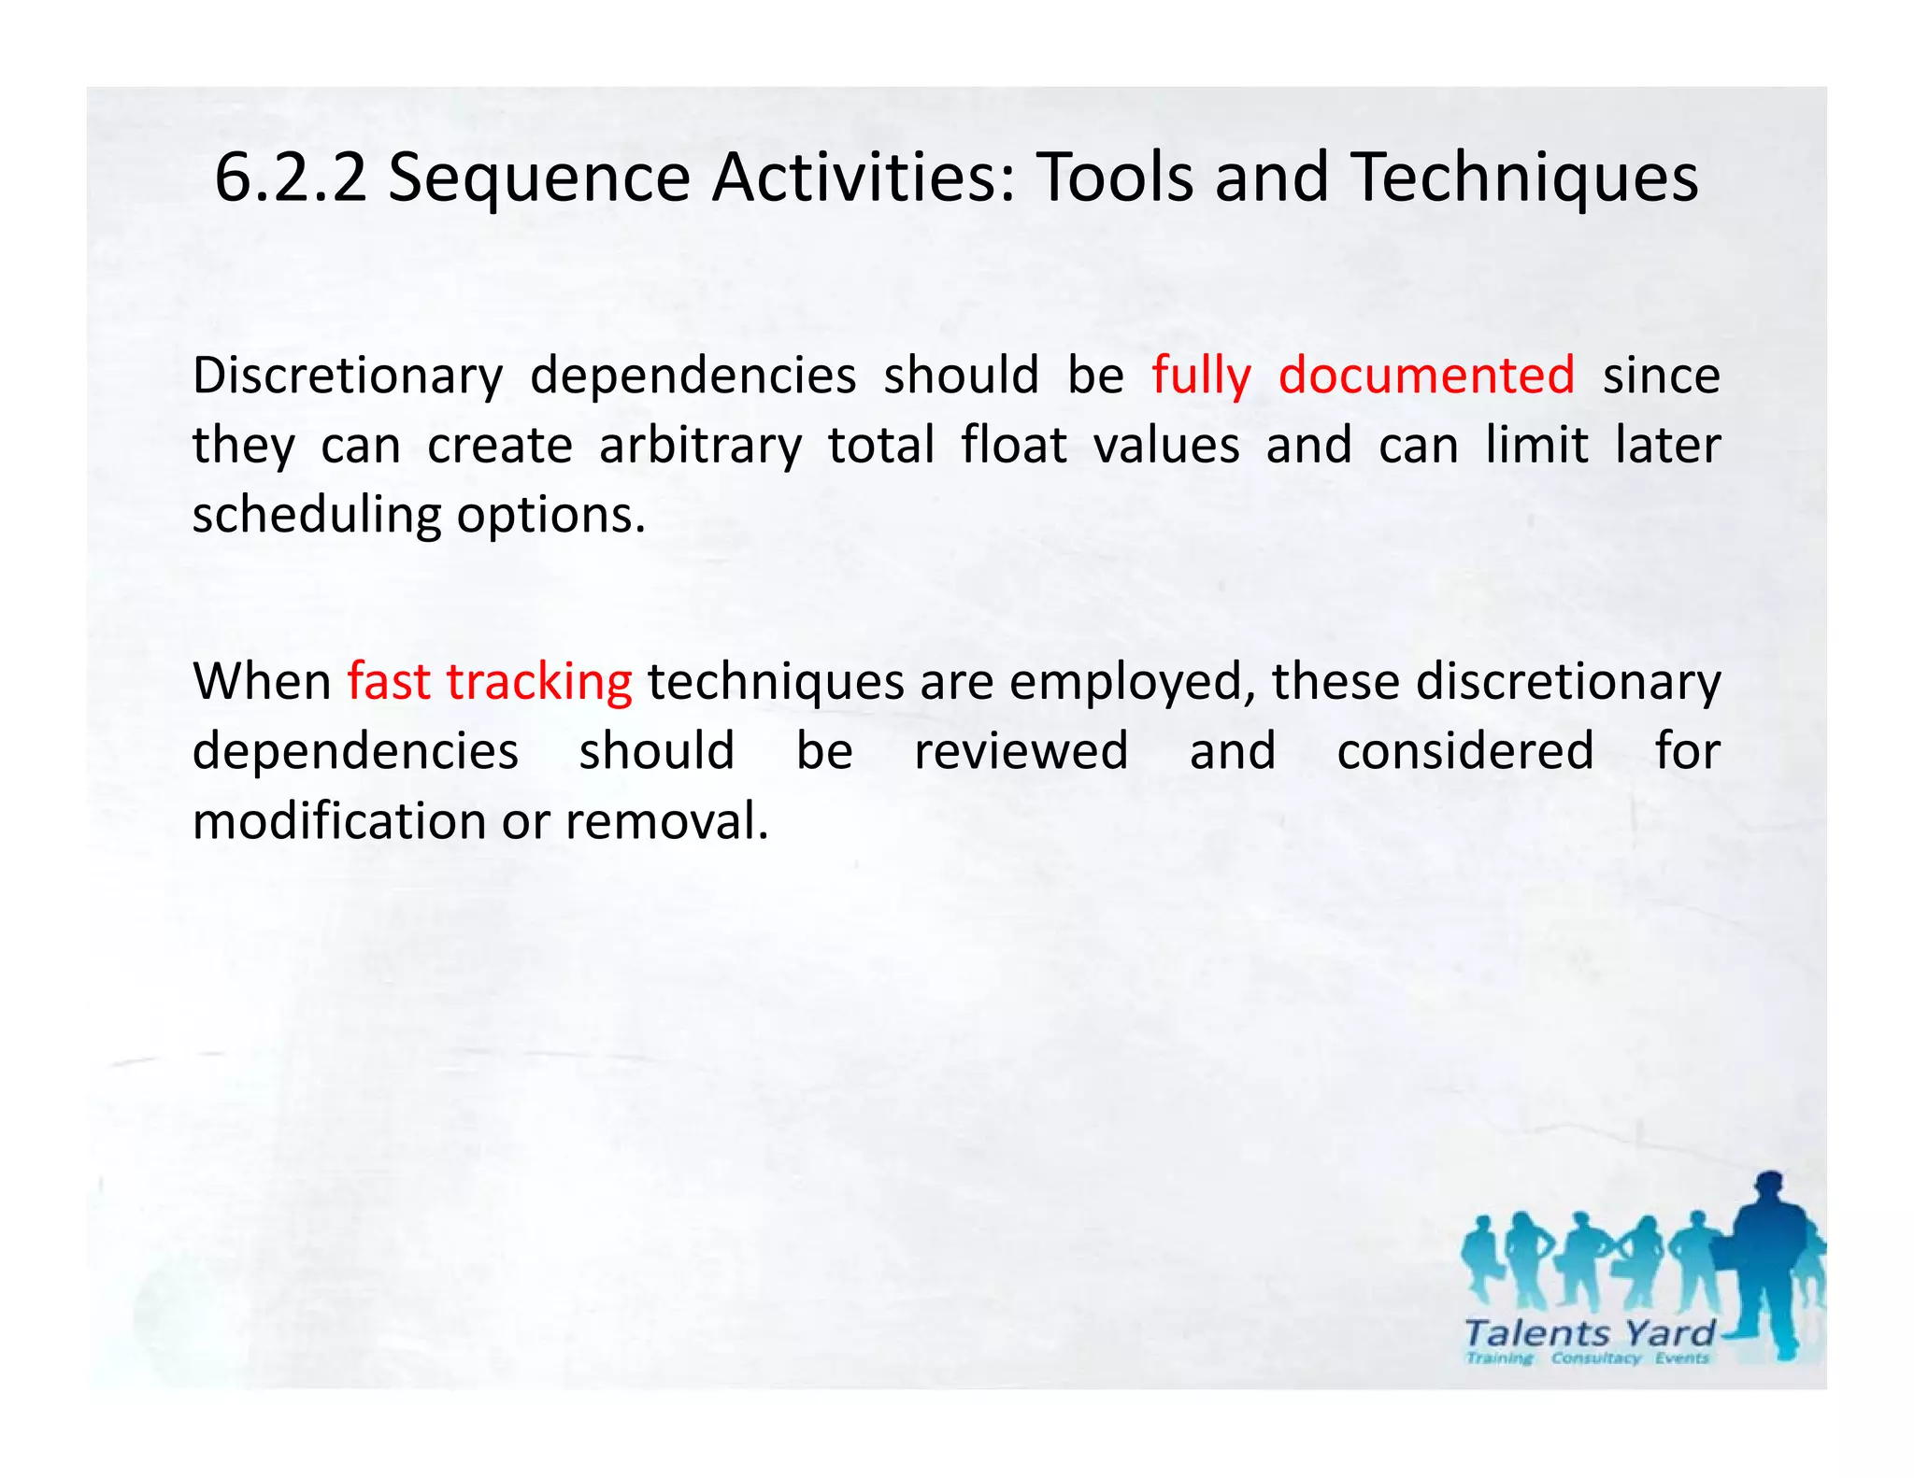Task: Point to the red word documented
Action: coord(1426,376)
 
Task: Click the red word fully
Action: coord(1200,377)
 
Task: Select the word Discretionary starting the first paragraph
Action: coord(348,377)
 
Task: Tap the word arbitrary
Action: coord(700,447)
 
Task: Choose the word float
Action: coord(1014,445)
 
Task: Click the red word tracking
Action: coord(539,683)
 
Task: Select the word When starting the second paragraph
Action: coord(263,681)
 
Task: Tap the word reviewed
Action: coord(1021,751)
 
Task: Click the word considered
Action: coord(1464,751)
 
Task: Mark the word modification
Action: coord(339,821)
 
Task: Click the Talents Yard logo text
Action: coord(1589,1332)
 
